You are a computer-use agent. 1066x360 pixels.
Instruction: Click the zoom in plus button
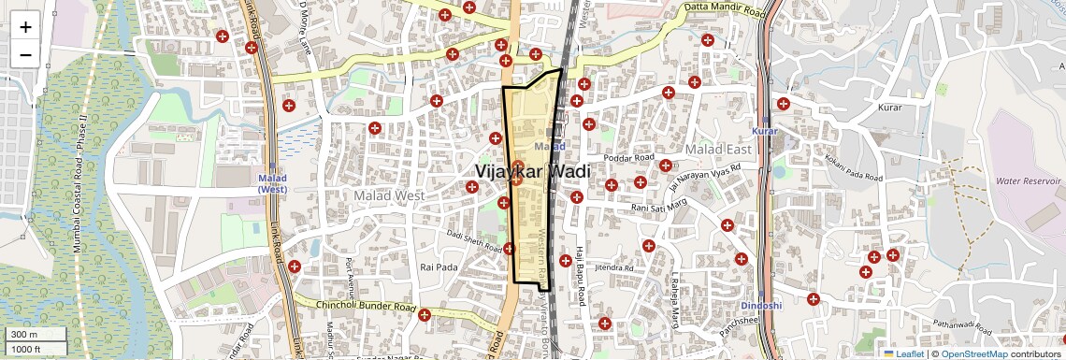point(25,27)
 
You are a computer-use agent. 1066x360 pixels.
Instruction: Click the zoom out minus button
point(25,54)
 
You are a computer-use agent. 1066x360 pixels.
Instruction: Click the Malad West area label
point(389,195)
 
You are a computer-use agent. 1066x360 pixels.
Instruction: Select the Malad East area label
point(718,150)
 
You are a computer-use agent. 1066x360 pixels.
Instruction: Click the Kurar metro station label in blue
point(765,132)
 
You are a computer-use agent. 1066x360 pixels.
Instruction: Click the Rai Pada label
point(438,266)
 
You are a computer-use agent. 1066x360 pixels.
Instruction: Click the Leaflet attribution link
point(903,353)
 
